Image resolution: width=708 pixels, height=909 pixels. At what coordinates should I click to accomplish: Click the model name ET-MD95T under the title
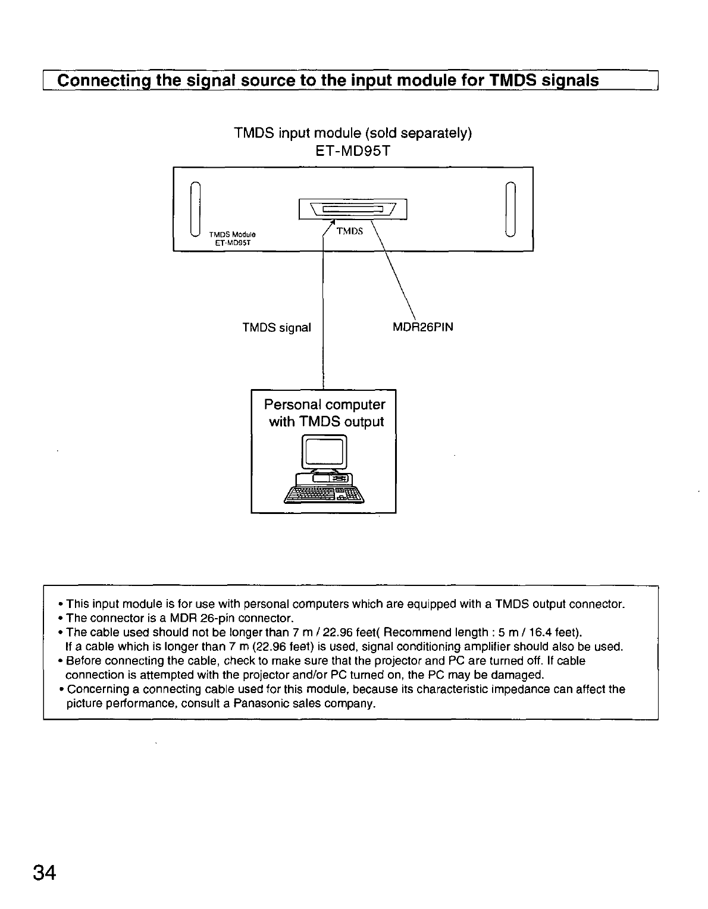click(353, 151)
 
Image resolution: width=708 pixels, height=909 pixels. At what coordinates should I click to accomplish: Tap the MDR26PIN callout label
click(423, 327)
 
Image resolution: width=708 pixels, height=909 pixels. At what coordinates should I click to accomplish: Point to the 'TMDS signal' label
click(277, 328)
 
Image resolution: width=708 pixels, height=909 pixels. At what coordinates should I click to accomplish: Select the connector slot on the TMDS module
click(353, 209)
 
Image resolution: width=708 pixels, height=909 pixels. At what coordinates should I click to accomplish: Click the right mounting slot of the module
click(510, 208)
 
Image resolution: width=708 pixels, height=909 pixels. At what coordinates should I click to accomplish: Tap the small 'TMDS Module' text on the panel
click(232, 233)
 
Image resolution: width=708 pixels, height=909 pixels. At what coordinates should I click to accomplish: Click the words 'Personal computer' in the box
click(324, 405)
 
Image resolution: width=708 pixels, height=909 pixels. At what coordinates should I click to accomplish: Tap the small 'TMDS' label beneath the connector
click(349, 231)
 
